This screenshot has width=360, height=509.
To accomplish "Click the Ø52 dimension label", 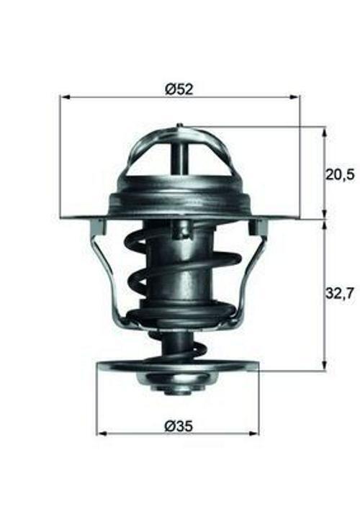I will click(x=179, y=89).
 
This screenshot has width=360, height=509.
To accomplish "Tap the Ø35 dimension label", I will click(x=179, y=425).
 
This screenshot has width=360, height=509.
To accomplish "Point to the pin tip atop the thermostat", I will click(x=179, y=127).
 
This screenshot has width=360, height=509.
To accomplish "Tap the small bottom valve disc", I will click(x=176, y=366).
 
